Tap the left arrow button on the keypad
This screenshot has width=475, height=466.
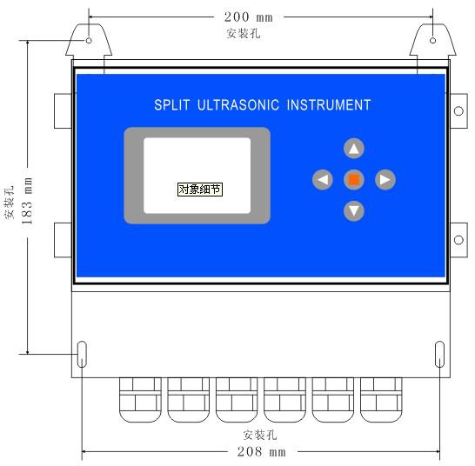(x=323, y=180)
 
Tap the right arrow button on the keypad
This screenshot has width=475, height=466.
(x=385, y=180)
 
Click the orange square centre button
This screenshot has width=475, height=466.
(x=354, y=180)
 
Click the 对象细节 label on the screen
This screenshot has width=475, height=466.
(x=200, y=190)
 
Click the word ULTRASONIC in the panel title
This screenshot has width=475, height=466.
(x=238, y=105)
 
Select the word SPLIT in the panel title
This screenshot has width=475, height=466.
(x=171, y=105)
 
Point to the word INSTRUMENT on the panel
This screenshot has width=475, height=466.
(x=329, y=105)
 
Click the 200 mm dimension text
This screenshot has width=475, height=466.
(x=249, y=17)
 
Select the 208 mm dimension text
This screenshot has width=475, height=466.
(x=261, y=452)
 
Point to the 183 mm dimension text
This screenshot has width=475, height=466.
(x=27, y=201)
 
